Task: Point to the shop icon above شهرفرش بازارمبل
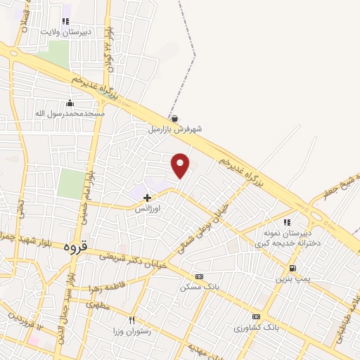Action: (x=174, y=119)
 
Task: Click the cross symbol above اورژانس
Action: (x=148, y=198)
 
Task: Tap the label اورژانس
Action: (x=148, y=209)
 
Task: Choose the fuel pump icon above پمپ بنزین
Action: (x=292, y=268)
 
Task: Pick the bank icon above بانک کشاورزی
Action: (x=256, y=316)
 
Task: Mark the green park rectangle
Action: (x=70, y=184)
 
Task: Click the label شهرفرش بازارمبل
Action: (x=174, y=129)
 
